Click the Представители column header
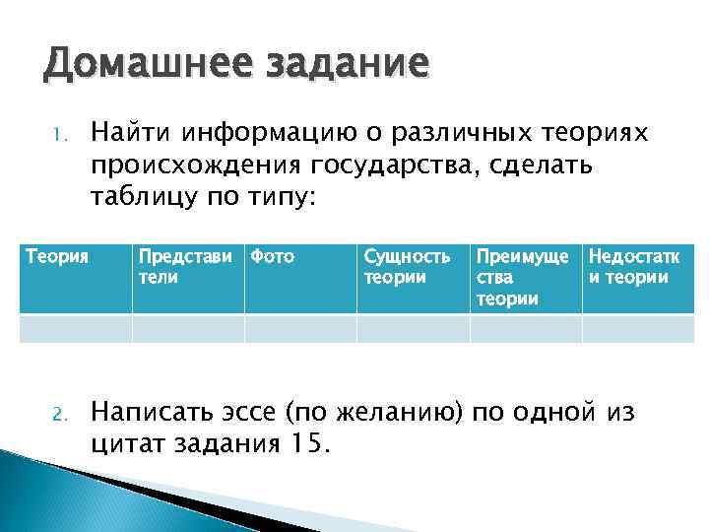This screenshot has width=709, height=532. [x=188, y=266]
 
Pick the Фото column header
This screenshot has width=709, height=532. [x=273, y=257]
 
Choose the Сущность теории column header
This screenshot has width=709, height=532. [x=408, y=266]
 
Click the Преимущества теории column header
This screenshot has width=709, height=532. [x=522, y=277]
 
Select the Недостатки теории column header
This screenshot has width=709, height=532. [x=635, y=266]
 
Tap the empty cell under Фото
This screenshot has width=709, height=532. [x=300, y=328]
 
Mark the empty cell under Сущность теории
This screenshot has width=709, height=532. [x=413, y=328]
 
